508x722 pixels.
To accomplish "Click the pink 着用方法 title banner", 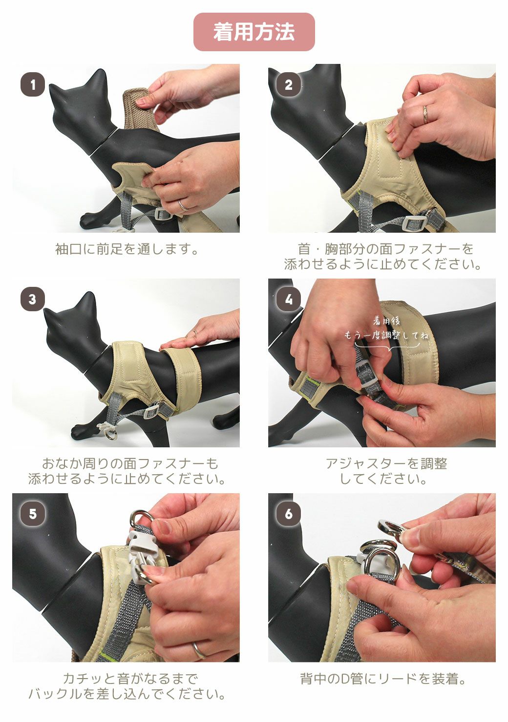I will point(254,32).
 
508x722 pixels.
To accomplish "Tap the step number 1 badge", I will point(33,85).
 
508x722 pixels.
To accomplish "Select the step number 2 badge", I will point(288,85).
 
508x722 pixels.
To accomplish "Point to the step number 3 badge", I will point(33,299).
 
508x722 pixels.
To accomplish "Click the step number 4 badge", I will point(288,299).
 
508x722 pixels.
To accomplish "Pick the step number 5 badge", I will point(33,514).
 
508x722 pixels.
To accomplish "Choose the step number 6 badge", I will point(288,514).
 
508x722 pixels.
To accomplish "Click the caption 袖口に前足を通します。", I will point(127,249).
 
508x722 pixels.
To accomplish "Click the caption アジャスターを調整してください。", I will point(383,471).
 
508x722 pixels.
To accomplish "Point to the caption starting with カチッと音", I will point(127,686).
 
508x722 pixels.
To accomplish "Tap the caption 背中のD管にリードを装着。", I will point(383,679).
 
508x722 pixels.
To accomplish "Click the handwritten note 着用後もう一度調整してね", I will point(386,328).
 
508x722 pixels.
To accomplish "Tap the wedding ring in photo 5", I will point(198,649).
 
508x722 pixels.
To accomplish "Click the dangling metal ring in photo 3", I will point(112,434).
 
